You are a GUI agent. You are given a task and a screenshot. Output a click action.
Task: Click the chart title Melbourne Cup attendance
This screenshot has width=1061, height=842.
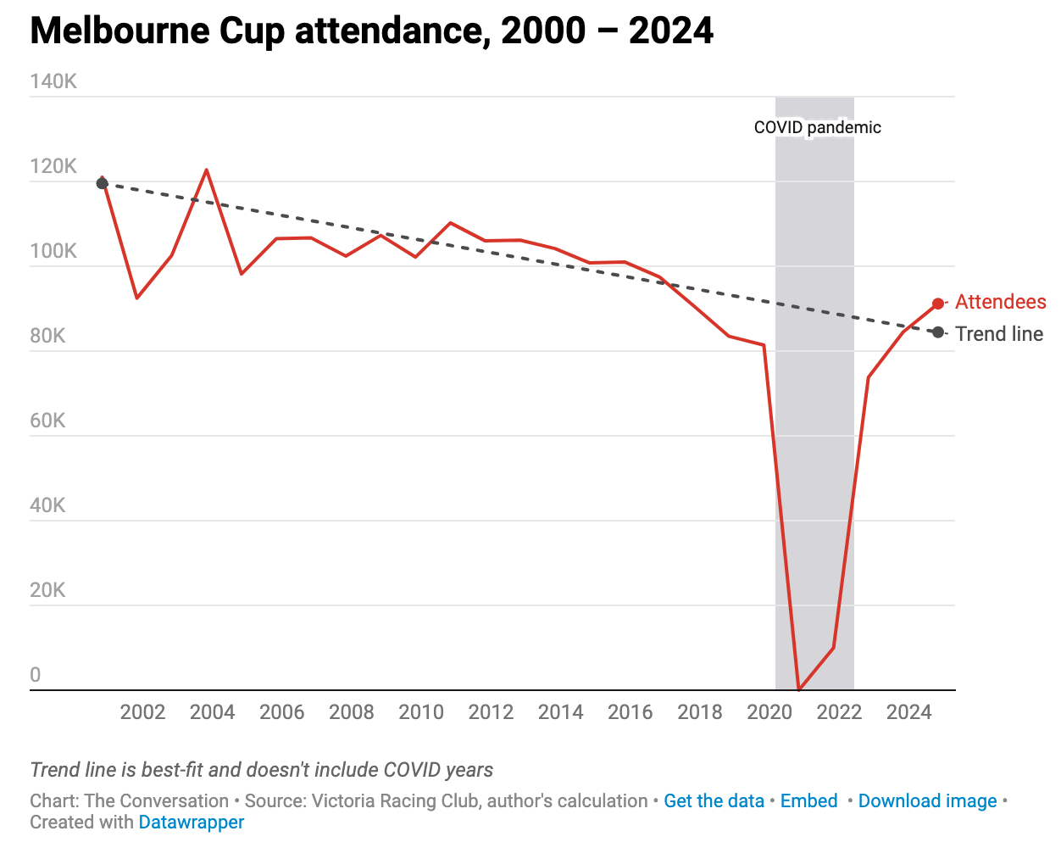(371, 31)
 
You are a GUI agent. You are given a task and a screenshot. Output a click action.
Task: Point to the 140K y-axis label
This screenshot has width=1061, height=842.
(53, 81)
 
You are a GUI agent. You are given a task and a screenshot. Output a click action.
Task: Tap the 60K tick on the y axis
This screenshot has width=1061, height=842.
(47, 421)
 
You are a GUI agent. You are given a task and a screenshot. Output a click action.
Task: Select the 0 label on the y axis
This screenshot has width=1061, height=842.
(36, 675)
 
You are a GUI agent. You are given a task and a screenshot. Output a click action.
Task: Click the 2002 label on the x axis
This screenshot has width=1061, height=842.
(142, 712)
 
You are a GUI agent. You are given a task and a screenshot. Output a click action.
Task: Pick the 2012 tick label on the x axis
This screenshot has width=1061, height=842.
(491, 712)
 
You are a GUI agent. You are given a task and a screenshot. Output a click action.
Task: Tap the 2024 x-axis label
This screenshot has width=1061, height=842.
(908, 712)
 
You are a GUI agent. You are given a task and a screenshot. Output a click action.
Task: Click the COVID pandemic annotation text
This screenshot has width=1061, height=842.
(817, 128)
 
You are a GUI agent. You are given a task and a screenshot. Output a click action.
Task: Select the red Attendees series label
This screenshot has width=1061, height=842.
(1000, 302)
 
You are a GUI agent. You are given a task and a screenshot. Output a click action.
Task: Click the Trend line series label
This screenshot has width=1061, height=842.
(999, 334)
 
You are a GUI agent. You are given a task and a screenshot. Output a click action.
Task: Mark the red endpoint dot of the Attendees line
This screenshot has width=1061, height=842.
(938, 304)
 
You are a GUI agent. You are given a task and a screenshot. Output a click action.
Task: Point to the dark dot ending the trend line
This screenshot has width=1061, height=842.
(938, 332)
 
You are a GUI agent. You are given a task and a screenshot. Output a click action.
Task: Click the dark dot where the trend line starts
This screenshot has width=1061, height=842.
(103, 183)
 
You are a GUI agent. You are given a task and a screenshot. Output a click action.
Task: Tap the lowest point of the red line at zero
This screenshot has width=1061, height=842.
(799, 689)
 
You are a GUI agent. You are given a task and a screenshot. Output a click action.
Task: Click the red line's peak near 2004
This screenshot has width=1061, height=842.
(207, 170)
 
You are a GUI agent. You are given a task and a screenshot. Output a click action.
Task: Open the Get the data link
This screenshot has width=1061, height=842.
(714, 801)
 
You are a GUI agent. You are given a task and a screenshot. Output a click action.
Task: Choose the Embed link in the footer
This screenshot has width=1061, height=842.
(808, 801)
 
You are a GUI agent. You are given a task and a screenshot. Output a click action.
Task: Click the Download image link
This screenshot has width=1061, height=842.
(927, 801)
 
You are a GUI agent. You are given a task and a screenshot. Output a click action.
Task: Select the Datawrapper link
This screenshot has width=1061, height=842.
(191, 822)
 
